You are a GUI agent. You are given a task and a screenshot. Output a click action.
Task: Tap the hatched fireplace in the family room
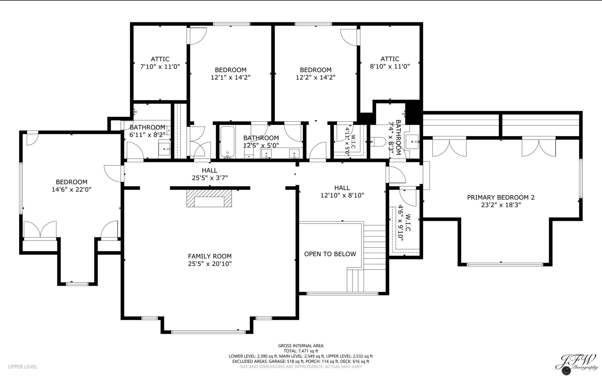[209, 198]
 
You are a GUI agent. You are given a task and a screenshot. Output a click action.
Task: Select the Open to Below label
[330, 254]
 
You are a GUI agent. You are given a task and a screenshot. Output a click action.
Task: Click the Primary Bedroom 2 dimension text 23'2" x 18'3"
[501, 205]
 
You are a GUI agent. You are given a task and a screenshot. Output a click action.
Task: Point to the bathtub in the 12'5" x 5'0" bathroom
[227, 142]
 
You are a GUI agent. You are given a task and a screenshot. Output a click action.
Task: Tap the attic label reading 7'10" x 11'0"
[160, 63]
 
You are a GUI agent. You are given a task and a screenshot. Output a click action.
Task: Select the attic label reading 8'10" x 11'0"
[390, 63]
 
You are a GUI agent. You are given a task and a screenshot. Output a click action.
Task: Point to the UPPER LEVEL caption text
[23, 367]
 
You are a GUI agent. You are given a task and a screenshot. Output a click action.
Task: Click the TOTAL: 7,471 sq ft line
[300, 351]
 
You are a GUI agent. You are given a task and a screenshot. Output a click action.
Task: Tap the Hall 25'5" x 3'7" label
[210, 174]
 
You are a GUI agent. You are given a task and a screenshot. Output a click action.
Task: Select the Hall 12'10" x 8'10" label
[342, 192]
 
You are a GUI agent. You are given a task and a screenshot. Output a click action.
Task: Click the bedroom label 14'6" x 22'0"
[71, 186]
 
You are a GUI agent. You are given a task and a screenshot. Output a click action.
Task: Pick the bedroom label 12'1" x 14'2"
[230, 74]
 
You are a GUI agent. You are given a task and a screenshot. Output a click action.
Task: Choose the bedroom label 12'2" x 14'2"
[315, 74]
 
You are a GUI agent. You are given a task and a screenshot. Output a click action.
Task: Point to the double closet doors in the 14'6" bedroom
[40, 229]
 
